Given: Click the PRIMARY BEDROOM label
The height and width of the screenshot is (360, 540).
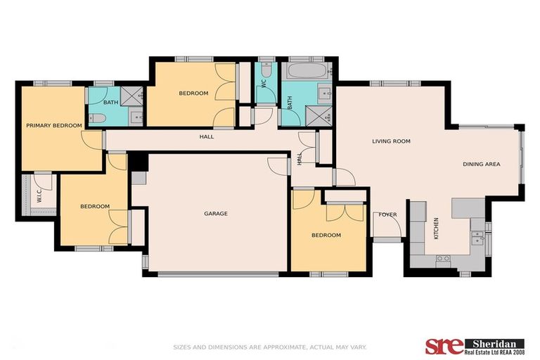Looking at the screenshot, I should [54, 126].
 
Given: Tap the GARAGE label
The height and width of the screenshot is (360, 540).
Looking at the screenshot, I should [216, 214].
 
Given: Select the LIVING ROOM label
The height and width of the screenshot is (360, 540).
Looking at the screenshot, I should [391, 141].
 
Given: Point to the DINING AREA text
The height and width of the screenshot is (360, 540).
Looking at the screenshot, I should [481, 164].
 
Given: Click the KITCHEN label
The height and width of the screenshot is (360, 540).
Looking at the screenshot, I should [436, 229].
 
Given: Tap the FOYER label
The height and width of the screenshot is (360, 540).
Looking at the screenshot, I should [388, 214].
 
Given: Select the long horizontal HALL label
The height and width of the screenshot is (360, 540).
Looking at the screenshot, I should [205, 136].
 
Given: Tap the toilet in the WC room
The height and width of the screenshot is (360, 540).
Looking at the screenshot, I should [266, 70].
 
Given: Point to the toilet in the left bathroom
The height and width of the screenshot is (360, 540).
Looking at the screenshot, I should [97, 118].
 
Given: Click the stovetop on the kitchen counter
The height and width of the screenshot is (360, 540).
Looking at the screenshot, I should [442, 259].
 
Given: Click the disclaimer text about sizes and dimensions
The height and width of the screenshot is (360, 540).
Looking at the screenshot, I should [270, 347].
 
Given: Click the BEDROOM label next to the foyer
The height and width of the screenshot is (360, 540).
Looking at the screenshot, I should [326, 235].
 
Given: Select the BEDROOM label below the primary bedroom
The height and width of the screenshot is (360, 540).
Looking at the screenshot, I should [94, 206].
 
